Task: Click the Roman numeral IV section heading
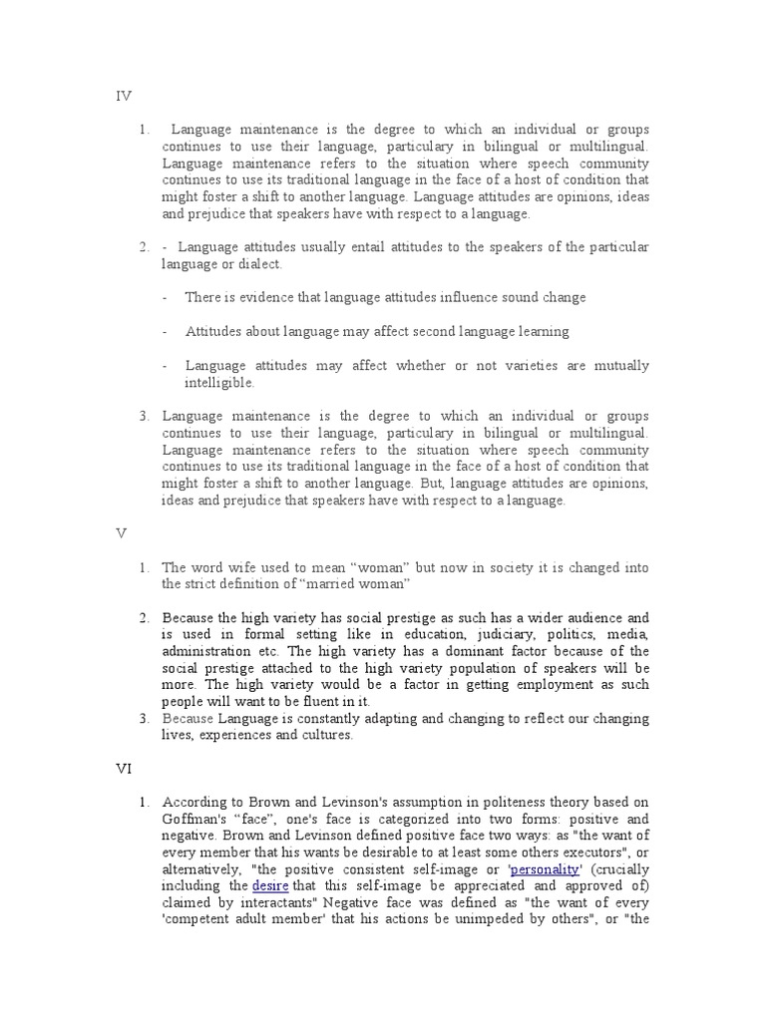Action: point(124,97)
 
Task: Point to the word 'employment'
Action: point(546,685)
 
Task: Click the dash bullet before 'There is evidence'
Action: point(166,297)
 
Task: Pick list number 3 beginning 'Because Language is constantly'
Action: point(143,719)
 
